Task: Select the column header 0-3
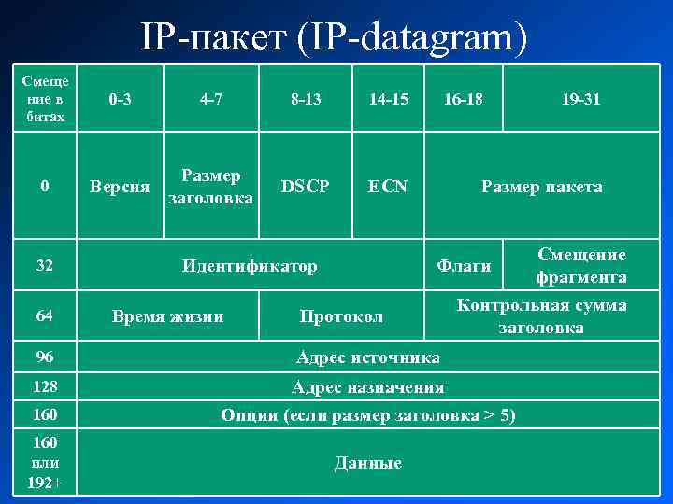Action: pos(120,98)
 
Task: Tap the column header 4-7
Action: pos(210,98)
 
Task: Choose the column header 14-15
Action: pos(388,98)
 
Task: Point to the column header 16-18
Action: pos(463,98)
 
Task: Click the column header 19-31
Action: pos(581,98)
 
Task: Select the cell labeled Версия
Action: pos(120,187)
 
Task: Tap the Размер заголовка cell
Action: pos(210,187)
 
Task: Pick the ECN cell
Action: pos(388,187)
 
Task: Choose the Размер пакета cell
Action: pos(541,187)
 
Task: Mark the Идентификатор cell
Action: pos(250,266)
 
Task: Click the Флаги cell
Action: pos(465,267)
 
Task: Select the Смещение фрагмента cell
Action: pos(581,266)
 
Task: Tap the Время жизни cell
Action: pos(167,316)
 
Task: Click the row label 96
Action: pos(45,357)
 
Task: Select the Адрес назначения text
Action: pos(367,386)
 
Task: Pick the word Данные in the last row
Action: pos(367,463)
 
